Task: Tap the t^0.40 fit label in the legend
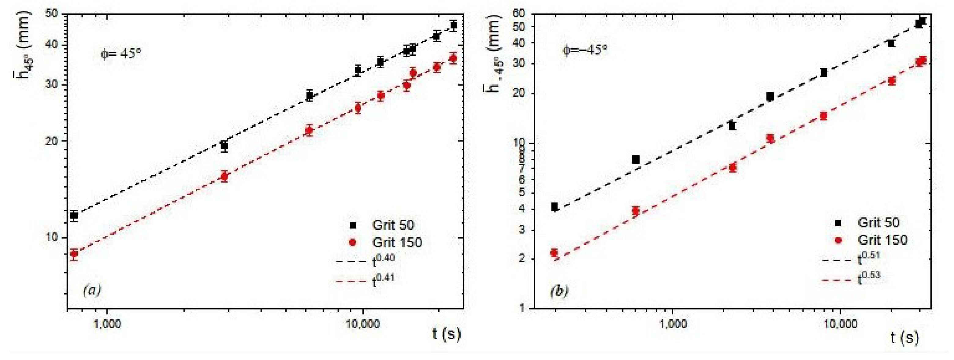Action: pos(383,260)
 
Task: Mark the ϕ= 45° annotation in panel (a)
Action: pos(121,54)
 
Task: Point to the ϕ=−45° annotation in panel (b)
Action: pos(585,50)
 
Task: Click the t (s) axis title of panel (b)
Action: pos(904,337)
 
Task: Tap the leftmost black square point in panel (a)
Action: pos(74,215)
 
